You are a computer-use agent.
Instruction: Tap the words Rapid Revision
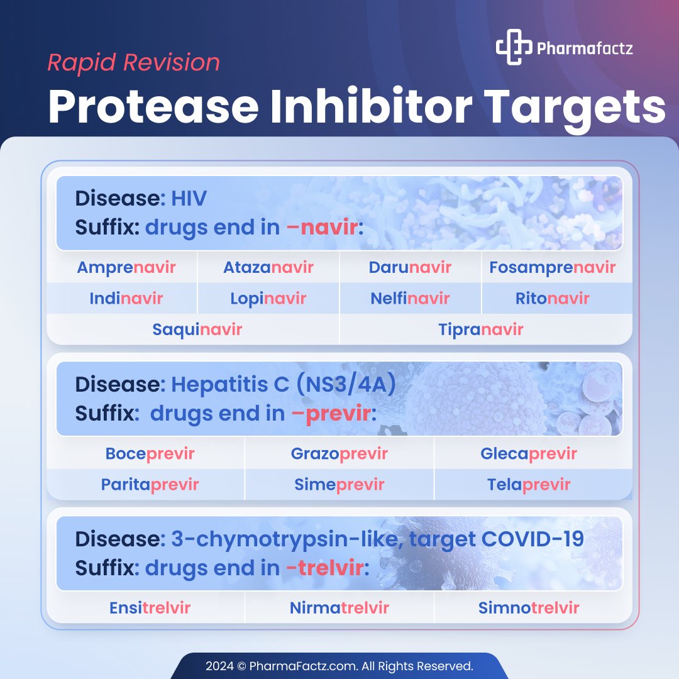[x=134, y=62]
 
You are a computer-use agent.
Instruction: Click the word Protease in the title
[x=153, y=108]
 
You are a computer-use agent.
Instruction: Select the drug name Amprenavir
[x=126, y=267]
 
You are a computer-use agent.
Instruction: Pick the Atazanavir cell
[x=268, y=267]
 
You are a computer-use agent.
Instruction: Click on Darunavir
[x=410, y=267]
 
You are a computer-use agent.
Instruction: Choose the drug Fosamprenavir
[x=552, y=267]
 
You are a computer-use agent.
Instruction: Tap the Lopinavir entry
[x=268, y=298]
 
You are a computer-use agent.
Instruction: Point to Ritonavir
[x=552, y=298]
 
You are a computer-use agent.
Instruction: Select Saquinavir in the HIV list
[x=197, y=329]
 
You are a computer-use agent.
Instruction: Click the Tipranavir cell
[x=480, y=329]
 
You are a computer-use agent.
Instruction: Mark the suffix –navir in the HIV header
[x=321, y=227]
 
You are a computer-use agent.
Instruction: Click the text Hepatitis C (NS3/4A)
[x=284, y=384]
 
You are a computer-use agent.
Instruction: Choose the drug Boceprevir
[x=150, y=453]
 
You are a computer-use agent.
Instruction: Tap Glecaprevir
[x=529, y=453]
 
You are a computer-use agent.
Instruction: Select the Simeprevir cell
[x=339, y=485]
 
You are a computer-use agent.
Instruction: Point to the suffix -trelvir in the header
[x=324, y=568]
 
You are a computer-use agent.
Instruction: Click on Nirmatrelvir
[x=339, y=608]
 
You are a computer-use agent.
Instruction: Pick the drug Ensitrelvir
[x=150, y=608]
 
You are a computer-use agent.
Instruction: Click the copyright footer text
[x=339, y=665]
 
